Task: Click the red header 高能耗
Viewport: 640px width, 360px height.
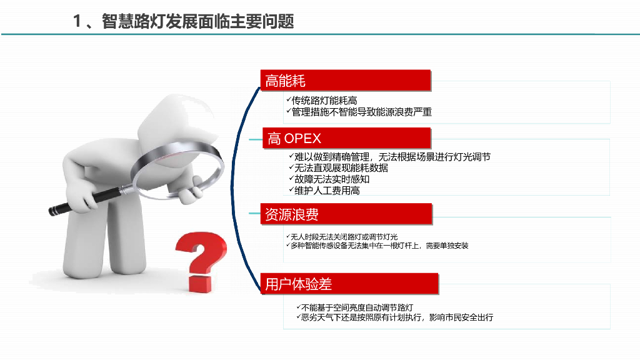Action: tap(346, 81)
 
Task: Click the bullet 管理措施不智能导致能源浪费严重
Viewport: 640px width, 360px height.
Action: tap(361, 112)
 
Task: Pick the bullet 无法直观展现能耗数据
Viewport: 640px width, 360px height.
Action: tap(341, 168)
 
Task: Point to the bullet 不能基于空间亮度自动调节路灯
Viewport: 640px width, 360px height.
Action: tap(357, 307)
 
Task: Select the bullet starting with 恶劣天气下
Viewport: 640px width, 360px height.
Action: tap(397, 317)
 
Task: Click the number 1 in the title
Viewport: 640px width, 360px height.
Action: tap(77, 21)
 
